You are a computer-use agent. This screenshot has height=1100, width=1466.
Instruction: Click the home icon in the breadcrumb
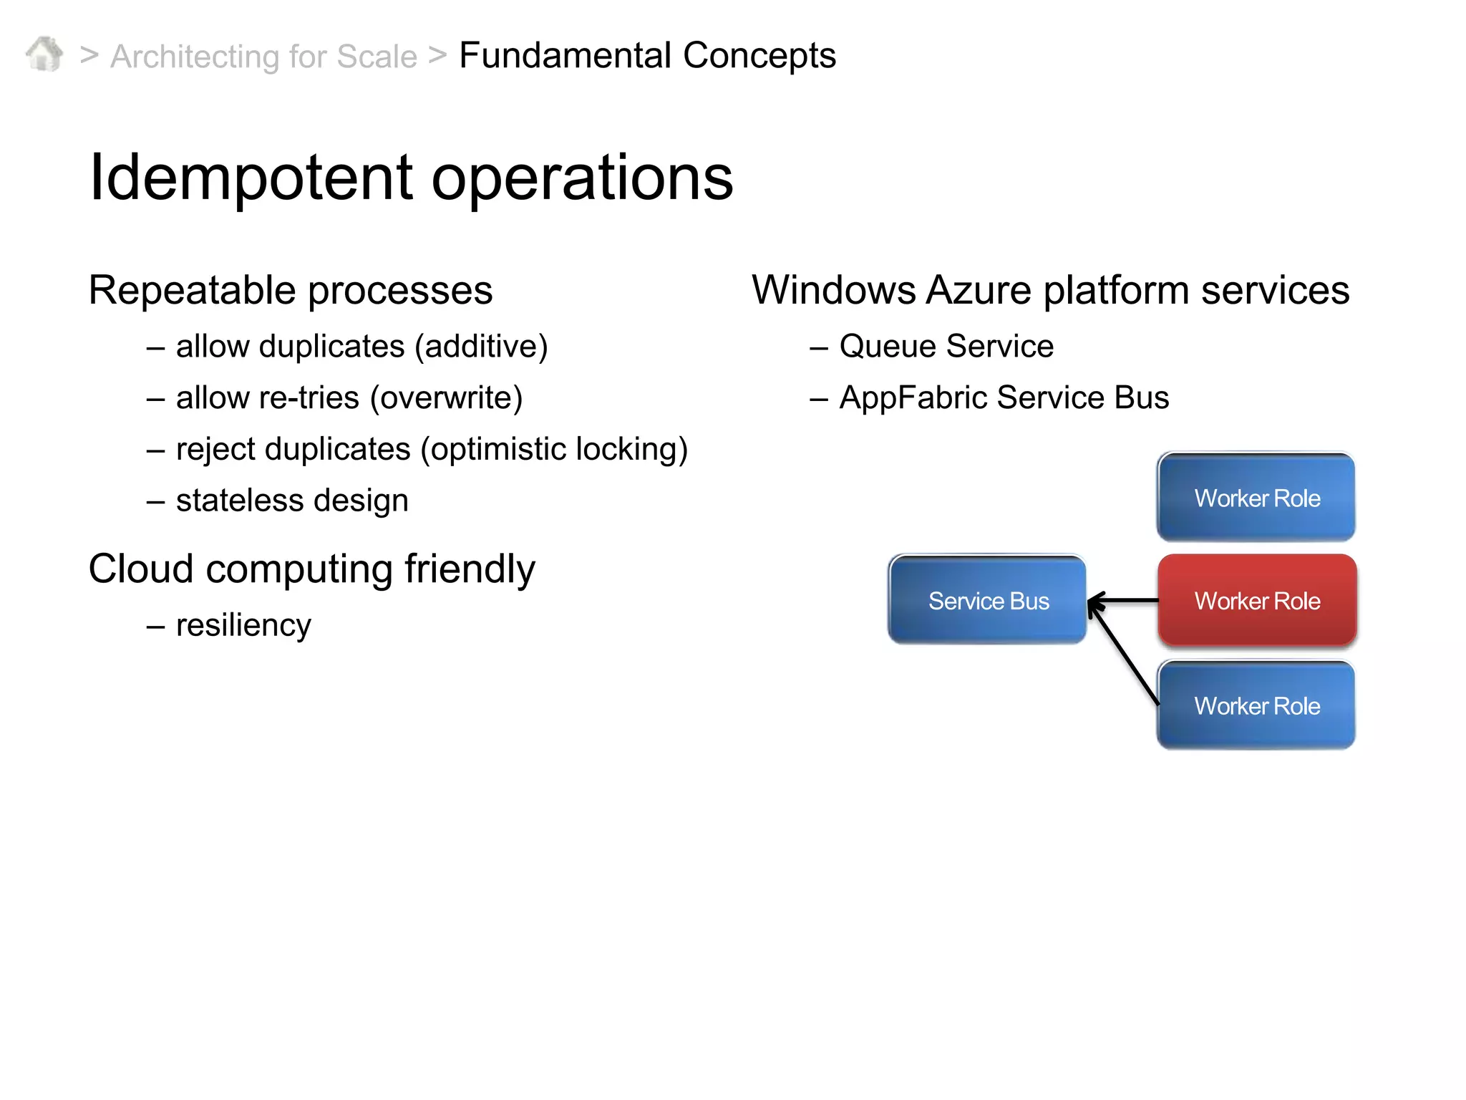tap(44, 54)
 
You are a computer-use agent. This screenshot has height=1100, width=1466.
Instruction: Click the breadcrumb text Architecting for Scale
tap(263, 57)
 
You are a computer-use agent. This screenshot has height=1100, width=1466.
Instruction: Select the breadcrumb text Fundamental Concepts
tap(647, 55)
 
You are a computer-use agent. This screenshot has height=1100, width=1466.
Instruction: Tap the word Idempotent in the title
tap(251, 178)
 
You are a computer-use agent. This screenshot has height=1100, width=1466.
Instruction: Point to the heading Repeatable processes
tap(291, 290)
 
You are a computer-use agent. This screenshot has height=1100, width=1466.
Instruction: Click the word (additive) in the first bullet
tap(481, 347)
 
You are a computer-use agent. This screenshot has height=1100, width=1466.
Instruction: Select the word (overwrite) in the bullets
tap(446, 397)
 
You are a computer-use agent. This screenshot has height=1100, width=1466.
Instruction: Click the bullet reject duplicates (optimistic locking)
tap(432, 450)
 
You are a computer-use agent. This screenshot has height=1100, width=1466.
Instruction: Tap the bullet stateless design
tap(292, 501)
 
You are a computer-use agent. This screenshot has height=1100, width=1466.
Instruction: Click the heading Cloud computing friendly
tap(311, 569)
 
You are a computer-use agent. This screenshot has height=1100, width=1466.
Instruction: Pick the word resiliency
tap(243, 625)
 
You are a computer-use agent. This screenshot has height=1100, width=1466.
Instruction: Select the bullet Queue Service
tap(946, 347)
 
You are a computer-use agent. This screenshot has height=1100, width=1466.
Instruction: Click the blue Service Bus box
tap(987, 600)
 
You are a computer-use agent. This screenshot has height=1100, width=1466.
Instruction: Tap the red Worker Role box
tap(1257, 600)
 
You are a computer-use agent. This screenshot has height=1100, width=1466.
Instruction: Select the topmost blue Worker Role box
tap(1256, 497)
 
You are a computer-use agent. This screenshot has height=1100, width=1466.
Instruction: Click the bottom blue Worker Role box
tap(1256, 705)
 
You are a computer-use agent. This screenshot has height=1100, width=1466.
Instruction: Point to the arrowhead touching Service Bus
tap(1093, 604)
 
